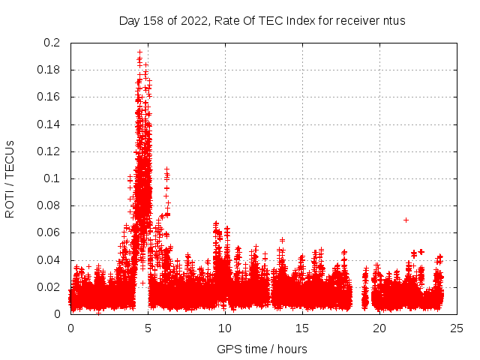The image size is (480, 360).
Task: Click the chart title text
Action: [262, 21]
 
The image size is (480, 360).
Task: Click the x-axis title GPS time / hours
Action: [262, 349]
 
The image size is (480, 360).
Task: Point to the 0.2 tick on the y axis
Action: [53, 43]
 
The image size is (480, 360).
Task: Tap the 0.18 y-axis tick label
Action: [50, 70]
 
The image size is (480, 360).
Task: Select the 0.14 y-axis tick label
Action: [50, 124]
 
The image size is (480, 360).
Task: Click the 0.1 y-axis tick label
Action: [53, 178]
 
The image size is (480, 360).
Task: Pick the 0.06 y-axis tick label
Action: [50, 232]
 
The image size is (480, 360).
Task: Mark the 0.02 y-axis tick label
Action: [50, 287]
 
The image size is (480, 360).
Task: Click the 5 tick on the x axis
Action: [148, 328]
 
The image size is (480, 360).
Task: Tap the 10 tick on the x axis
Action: [225, 328]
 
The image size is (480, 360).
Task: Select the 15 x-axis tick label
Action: [302, 328]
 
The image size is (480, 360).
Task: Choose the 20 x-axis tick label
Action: [379, 328]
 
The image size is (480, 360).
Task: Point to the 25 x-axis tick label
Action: [457, 328]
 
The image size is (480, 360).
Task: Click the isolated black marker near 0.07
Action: [406, 220]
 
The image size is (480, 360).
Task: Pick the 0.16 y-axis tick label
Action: [50, 97]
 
